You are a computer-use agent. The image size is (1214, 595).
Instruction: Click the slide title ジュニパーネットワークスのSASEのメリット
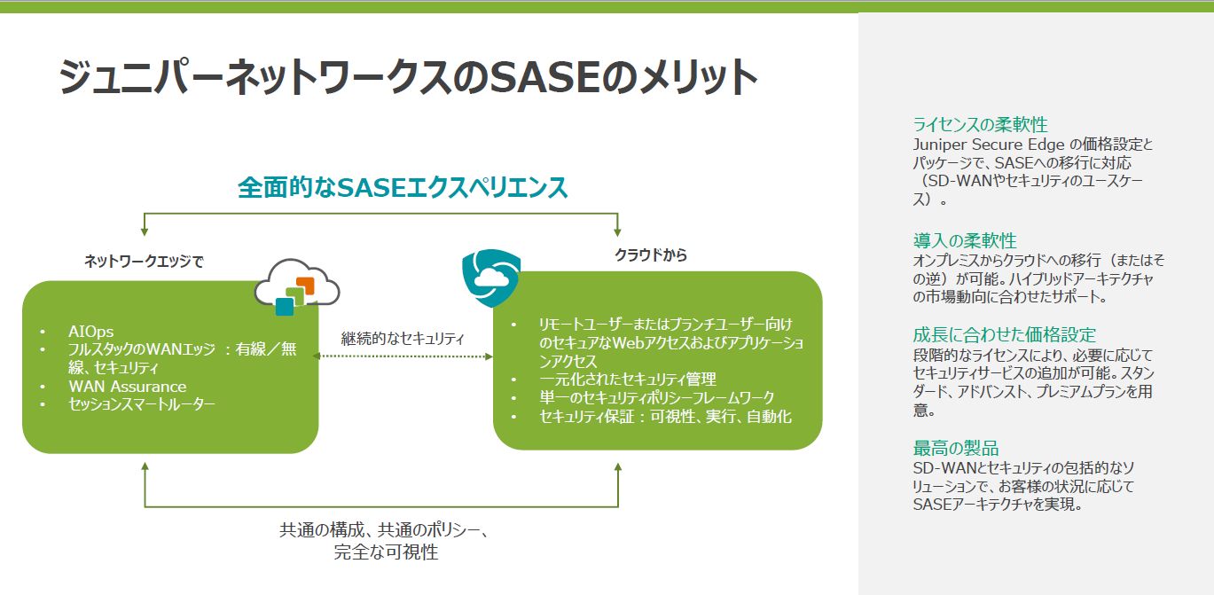408,78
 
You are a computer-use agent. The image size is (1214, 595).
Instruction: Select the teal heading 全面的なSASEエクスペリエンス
403,188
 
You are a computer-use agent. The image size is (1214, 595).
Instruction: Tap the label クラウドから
651,254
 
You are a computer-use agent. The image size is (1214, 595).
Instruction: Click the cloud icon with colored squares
296,286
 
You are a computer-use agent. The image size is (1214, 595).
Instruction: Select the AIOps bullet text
90,332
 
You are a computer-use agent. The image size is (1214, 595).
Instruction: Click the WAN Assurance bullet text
127,387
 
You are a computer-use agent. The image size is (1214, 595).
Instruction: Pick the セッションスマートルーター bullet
141,404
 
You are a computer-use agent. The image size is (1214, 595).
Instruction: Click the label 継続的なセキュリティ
403,338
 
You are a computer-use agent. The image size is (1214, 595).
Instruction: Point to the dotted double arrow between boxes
404,356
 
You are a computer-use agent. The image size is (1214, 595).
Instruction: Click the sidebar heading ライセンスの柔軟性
974,124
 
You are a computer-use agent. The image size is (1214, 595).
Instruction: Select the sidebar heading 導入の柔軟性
965,240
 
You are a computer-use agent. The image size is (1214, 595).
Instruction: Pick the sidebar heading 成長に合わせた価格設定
1005,334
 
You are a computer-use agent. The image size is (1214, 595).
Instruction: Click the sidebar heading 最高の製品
956,448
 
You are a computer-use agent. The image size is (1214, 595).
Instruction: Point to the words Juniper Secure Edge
975,144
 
